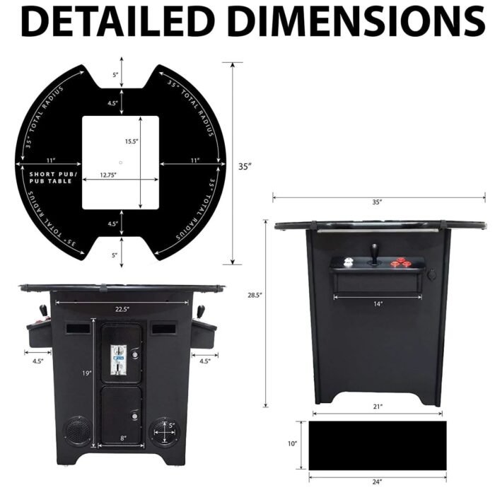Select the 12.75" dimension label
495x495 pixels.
[x=108, y=174]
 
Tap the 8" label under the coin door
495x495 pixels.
[x=123, y=438]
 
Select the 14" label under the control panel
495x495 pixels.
[x=378, y=304]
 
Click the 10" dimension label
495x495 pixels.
[x=292, y=444]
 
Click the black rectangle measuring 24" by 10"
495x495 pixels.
[x=378, y=444]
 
